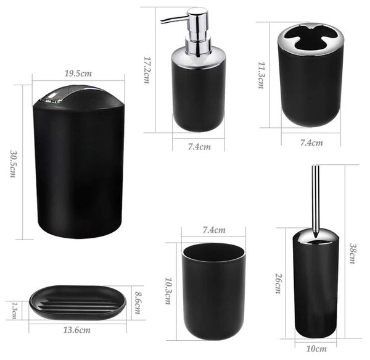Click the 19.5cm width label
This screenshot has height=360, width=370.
tap(78, 73)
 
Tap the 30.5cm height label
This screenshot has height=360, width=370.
tap(13, 164)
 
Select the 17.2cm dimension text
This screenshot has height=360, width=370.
tap(147, 70)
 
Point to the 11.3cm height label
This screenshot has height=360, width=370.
tap(261, 75)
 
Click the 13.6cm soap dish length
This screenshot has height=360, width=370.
tap(76, 330)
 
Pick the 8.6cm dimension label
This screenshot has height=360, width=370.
tap(138, 303)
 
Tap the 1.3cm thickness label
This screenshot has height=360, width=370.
tap(14, 311)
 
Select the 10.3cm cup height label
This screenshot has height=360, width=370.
tap(168, 291)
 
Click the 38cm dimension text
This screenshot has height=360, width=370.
tap(353, 253)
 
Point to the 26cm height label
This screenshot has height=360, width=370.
tap(279, 283)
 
